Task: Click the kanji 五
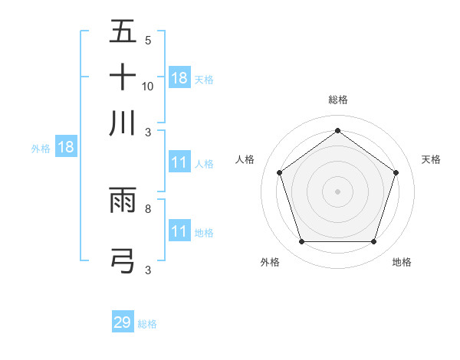point(123,32)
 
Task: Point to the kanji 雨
point(123,201)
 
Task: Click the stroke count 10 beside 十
point(148,86)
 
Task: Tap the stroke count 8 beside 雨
point(148,208)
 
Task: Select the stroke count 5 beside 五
point(148,40)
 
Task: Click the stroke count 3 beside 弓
point(148,270)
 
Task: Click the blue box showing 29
point(123,322)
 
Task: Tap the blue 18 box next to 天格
point(179,78)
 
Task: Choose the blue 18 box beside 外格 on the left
point(66,148)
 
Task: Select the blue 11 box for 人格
point(179,162)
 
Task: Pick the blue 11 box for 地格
point(179,231)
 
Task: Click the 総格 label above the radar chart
point(338,100)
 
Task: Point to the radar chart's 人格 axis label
point(245,159)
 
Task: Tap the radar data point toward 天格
point(396,172)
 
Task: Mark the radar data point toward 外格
point(301,242)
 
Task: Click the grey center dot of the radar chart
point(337,191)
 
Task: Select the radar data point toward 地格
point(373,242)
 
